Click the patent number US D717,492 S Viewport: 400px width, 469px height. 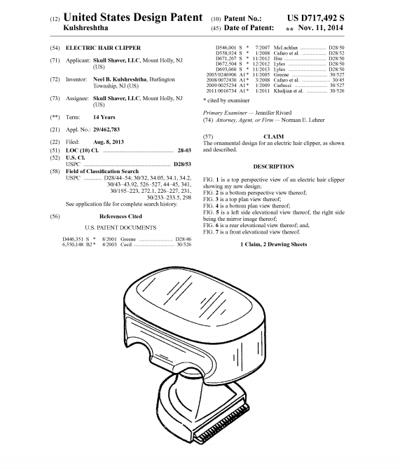point(316,18)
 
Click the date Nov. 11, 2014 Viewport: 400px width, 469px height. point(320,28)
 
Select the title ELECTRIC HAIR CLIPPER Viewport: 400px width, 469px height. point(103,48)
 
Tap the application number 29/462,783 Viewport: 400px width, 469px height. point(106,130)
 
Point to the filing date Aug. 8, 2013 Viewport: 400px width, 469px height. point(108,142)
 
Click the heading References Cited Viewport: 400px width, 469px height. point(120,216)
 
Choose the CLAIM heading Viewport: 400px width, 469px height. point(273,137)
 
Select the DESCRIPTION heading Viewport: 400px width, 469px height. point(273,167)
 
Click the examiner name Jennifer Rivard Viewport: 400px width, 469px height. point(273,113)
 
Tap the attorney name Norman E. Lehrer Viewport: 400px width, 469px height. point(303,120)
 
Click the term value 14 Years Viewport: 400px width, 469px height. point(104,117)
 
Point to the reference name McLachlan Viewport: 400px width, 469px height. point(286,48)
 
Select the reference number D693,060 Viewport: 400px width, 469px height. point(226,69)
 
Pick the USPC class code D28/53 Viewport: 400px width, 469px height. point(182,164)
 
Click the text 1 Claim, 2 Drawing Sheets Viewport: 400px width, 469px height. point(273,245)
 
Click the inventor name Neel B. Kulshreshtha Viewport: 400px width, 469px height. point(120,79)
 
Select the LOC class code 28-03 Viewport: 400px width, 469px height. point(184,151)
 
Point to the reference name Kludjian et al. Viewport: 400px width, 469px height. point(289,90)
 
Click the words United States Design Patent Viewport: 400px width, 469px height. point(133,18)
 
